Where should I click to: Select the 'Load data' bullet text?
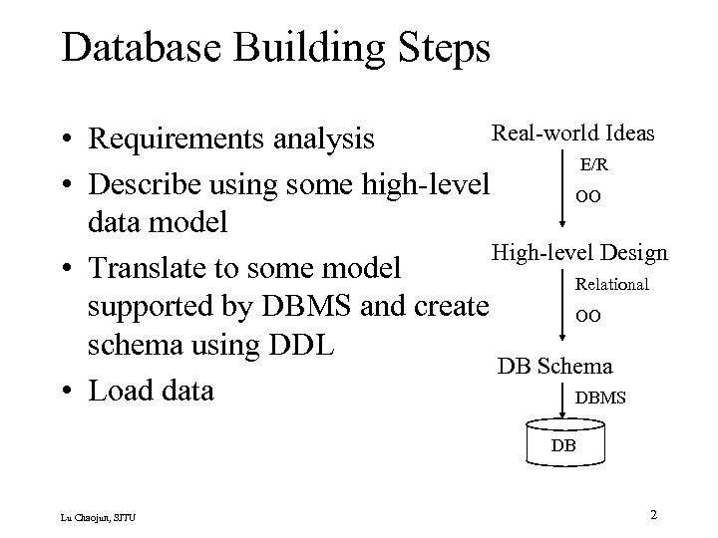(151, 390)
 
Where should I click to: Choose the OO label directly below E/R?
(587, 197)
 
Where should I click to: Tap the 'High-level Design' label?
(579, 253)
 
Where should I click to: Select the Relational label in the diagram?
(612, 284)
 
